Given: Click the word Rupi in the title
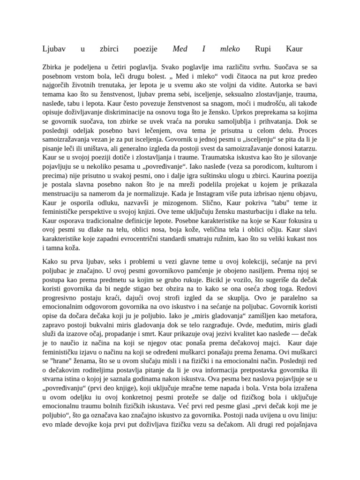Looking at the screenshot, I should [x=262, y=49].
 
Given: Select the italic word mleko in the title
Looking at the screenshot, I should [x=230, y=49].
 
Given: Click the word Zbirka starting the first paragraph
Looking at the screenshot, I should [x=52, y=67].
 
